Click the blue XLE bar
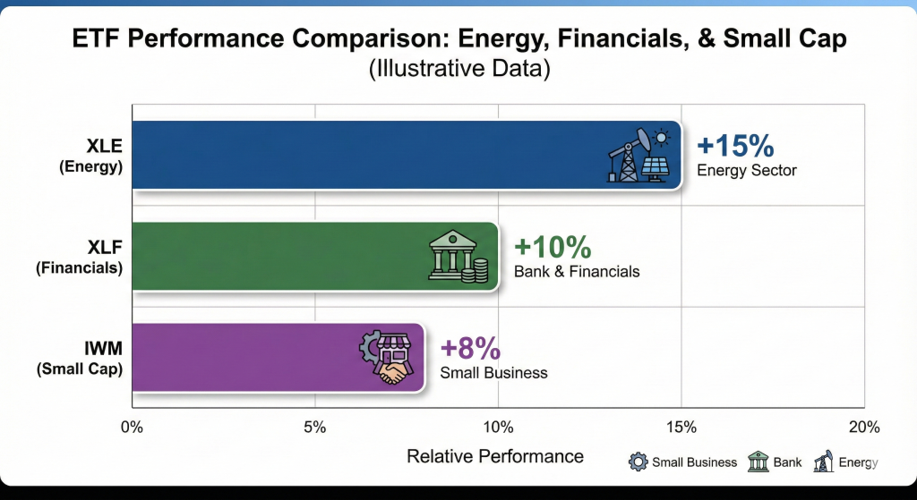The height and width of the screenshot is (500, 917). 358,155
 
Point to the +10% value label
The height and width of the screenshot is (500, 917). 553,247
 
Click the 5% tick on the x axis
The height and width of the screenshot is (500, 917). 314,426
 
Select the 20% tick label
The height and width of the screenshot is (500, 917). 863,426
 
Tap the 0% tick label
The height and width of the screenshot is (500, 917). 132,426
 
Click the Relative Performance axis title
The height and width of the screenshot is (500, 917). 495,456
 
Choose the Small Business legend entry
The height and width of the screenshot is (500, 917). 684,462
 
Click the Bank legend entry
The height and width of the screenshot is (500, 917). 775,462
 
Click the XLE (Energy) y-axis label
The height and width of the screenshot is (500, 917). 93,155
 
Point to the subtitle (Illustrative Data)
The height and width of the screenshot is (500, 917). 458,69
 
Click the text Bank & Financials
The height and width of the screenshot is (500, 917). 576,271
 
